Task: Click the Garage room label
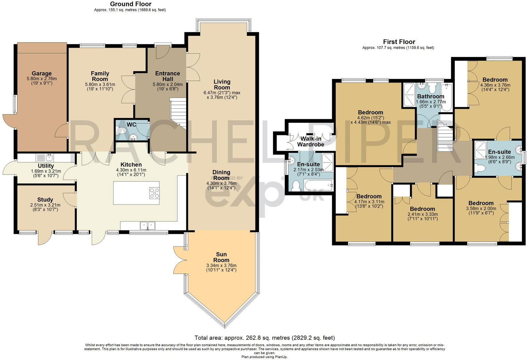[x=42, y=73]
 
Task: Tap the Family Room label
[x=100, y=76]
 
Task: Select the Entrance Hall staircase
[x=178, y=112]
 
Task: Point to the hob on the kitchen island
[x=155, y=193]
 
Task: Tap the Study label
[x=45, y=200]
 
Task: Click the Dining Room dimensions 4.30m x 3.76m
[x=221, y=183]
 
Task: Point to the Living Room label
[x=222, y=85]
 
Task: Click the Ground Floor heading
[x=131, y=4]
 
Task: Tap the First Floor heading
[x=398, y=42]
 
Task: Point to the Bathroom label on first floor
[x=431, y=96]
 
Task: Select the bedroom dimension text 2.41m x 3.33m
[x=422, y=214]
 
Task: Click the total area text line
[x=264, y=338]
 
